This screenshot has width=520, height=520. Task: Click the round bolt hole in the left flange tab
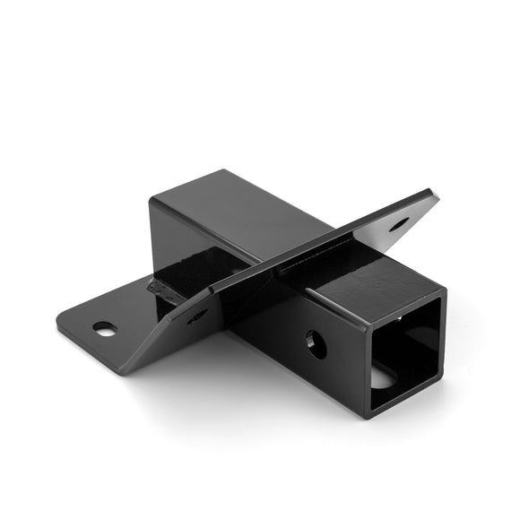coord(105,329)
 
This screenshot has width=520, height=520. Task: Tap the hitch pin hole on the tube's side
coord(316,343)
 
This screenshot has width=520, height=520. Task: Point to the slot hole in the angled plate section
coord(197,315)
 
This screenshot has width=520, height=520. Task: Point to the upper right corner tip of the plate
coord(437,192)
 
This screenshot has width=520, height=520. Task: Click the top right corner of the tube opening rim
coord(444,291)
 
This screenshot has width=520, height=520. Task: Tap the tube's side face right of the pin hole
coord(345,359)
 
